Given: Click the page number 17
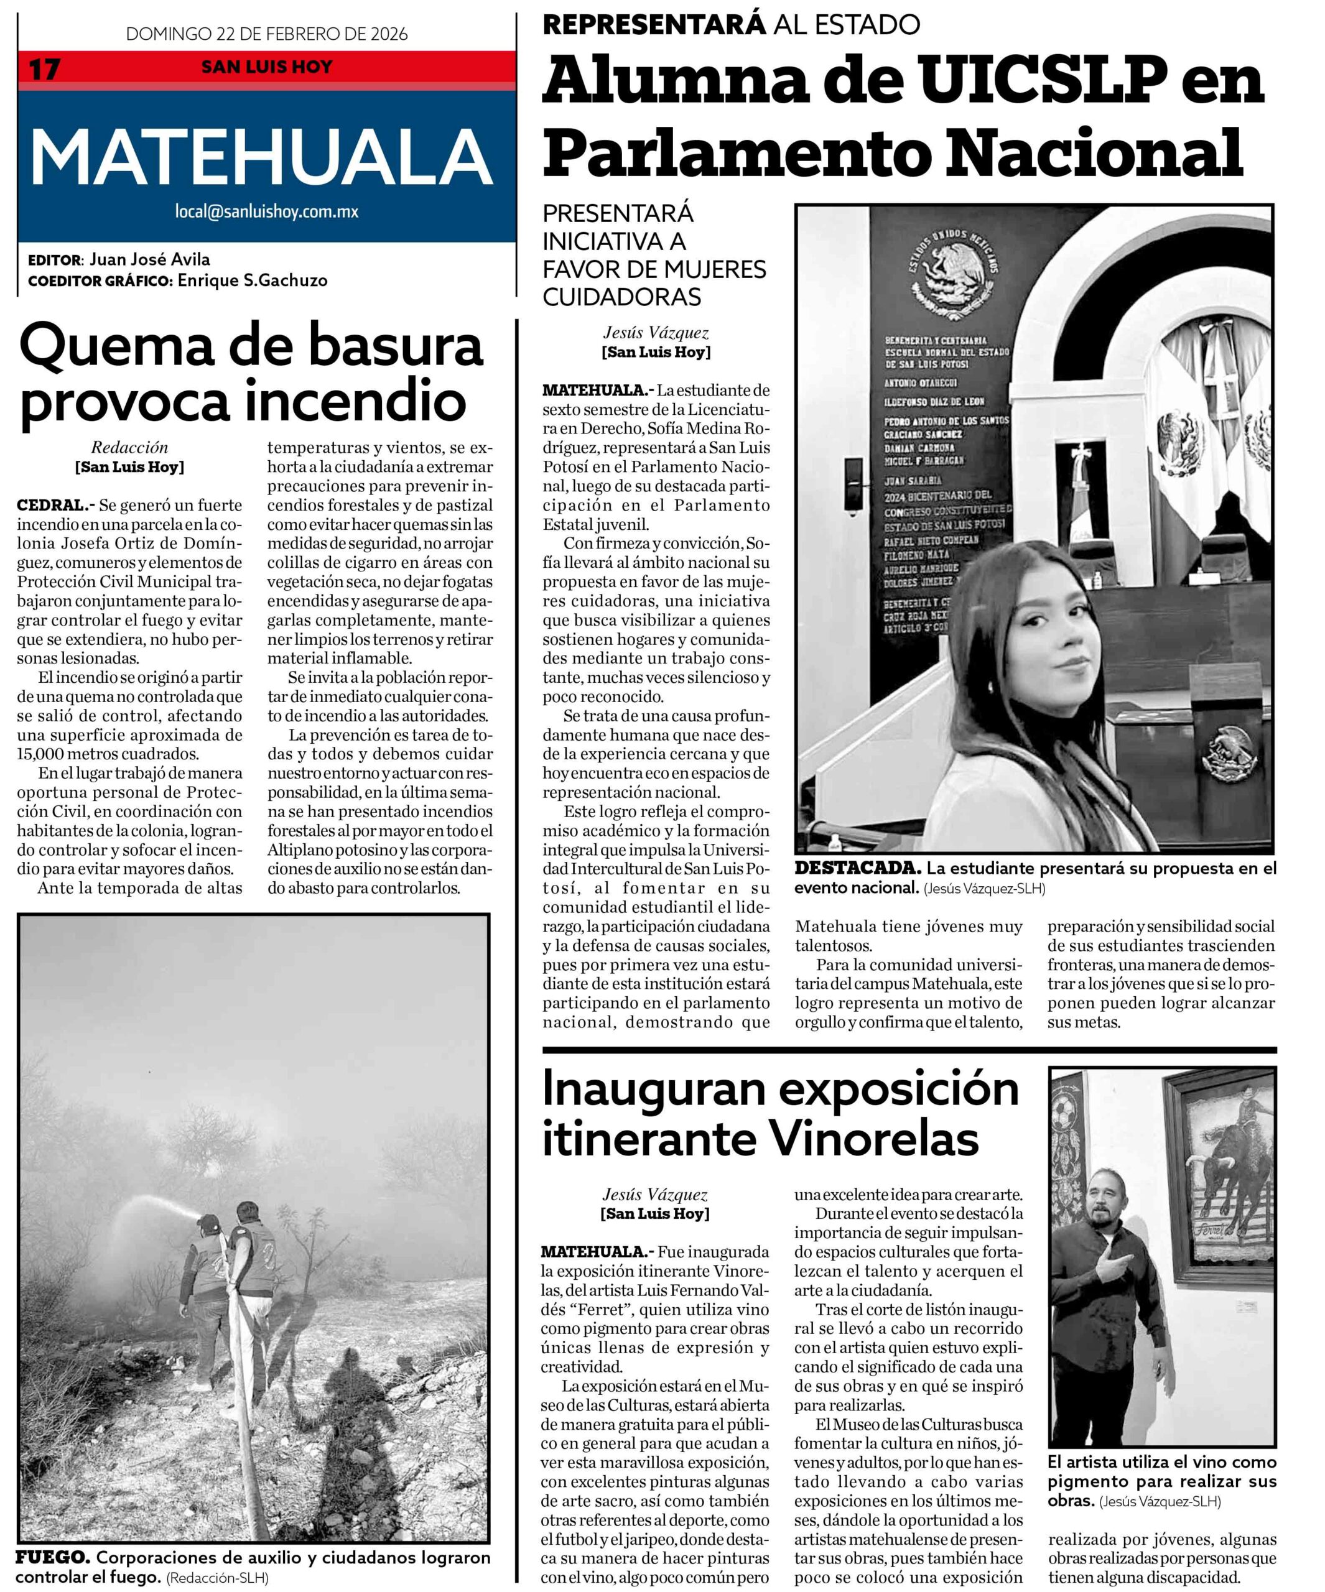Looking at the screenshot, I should tap(44, 69).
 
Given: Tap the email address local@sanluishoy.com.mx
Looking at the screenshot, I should tap(266, 211).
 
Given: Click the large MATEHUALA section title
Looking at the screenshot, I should tap(262, 157).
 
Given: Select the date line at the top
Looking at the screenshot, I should tap(266, 34).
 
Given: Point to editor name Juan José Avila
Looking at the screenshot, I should tap(149, 259).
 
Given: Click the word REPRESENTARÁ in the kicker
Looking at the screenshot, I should tap(654, 24).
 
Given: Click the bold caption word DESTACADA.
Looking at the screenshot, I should tap(857, 869).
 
